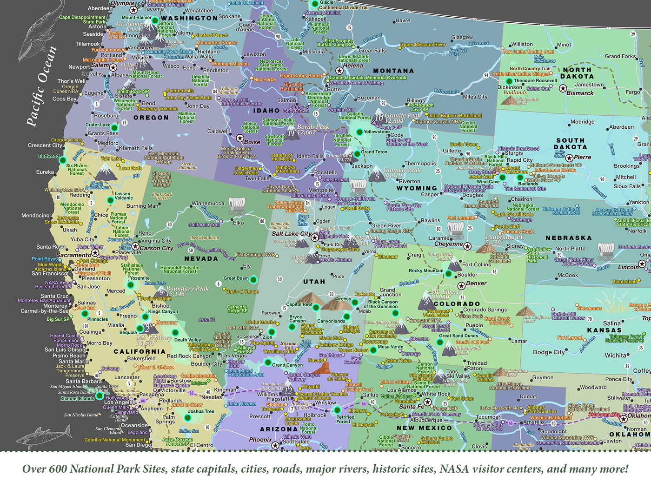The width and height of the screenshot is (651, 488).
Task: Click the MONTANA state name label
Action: pyautogui.click(x=393, y=71)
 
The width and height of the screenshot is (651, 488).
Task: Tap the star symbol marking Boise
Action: pyautogui.click(x=240, y=138)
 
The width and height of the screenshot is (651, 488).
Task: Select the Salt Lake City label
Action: pyautogui.click(x=292, y=234)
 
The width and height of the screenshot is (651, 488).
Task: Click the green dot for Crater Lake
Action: pyautogui.click(x=114, y=127)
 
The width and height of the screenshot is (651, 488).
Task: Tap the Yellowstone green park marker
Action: pyautogui.click(x=359, y=132)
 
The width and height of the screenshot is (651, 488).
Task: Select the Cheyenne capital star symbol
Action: pyautogui.click(x=467, y=246)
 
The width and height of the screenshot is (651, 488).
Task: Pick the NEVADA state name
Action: pyautogui.click(x=201, y=259)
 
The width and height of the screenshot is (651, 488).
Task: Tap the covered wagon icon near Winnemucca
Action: pyautogui.click(x=236, y=204)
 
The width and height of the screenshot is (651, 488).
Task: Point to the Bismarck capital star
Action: pyautogui.click(x=563, y=88)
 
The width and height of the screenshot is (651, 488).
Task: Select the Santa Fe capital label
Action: pyautogui.click(x=411, y=406)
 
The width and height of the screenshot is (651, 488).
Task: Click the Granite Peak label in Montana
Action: pyautogui.click(x=402, y=115)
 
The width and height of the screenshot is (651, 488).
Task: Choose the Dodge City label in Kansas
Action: pyautogui.click(x=549, y=352)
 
